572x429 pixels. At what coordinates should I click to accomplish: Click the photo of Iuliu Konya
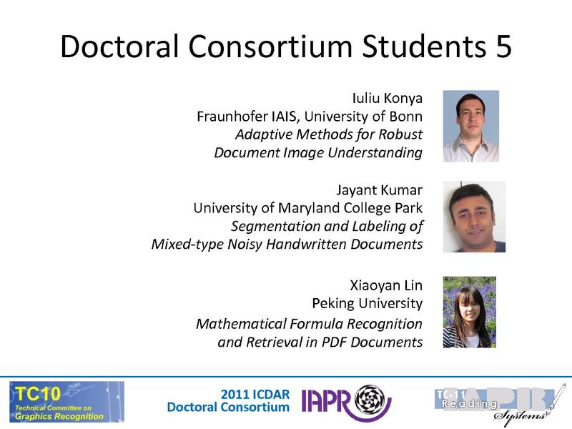(470, 126)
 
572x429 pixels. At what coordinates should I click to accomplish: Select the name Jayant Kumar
(379, 190)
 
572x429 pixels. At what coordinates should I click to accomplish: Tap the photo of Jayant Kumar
(473, 217)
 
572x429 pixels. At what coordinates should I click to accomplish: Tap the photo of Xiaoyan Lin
(470, 312)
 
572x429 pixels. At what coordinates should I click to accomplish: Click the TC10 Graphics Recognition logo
(66, 401)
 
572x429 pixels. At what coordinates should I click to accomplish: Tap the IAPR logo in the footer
(346, 401)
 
